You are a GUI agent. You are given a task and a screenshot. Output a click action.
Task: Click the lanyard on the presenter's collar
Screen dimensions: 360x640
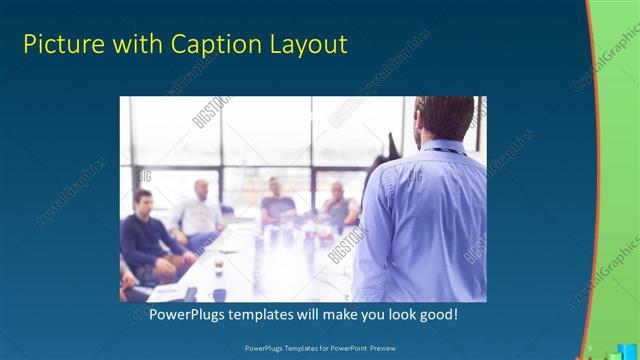pos(440,149)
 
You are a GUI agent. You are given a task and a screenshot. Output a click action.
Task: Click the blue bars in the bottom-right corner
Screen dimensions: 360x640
pos(611,351)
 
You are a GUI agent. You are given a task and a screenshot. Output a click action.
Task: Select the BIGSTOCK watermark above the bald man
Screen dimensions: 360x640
pos(211,114)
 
